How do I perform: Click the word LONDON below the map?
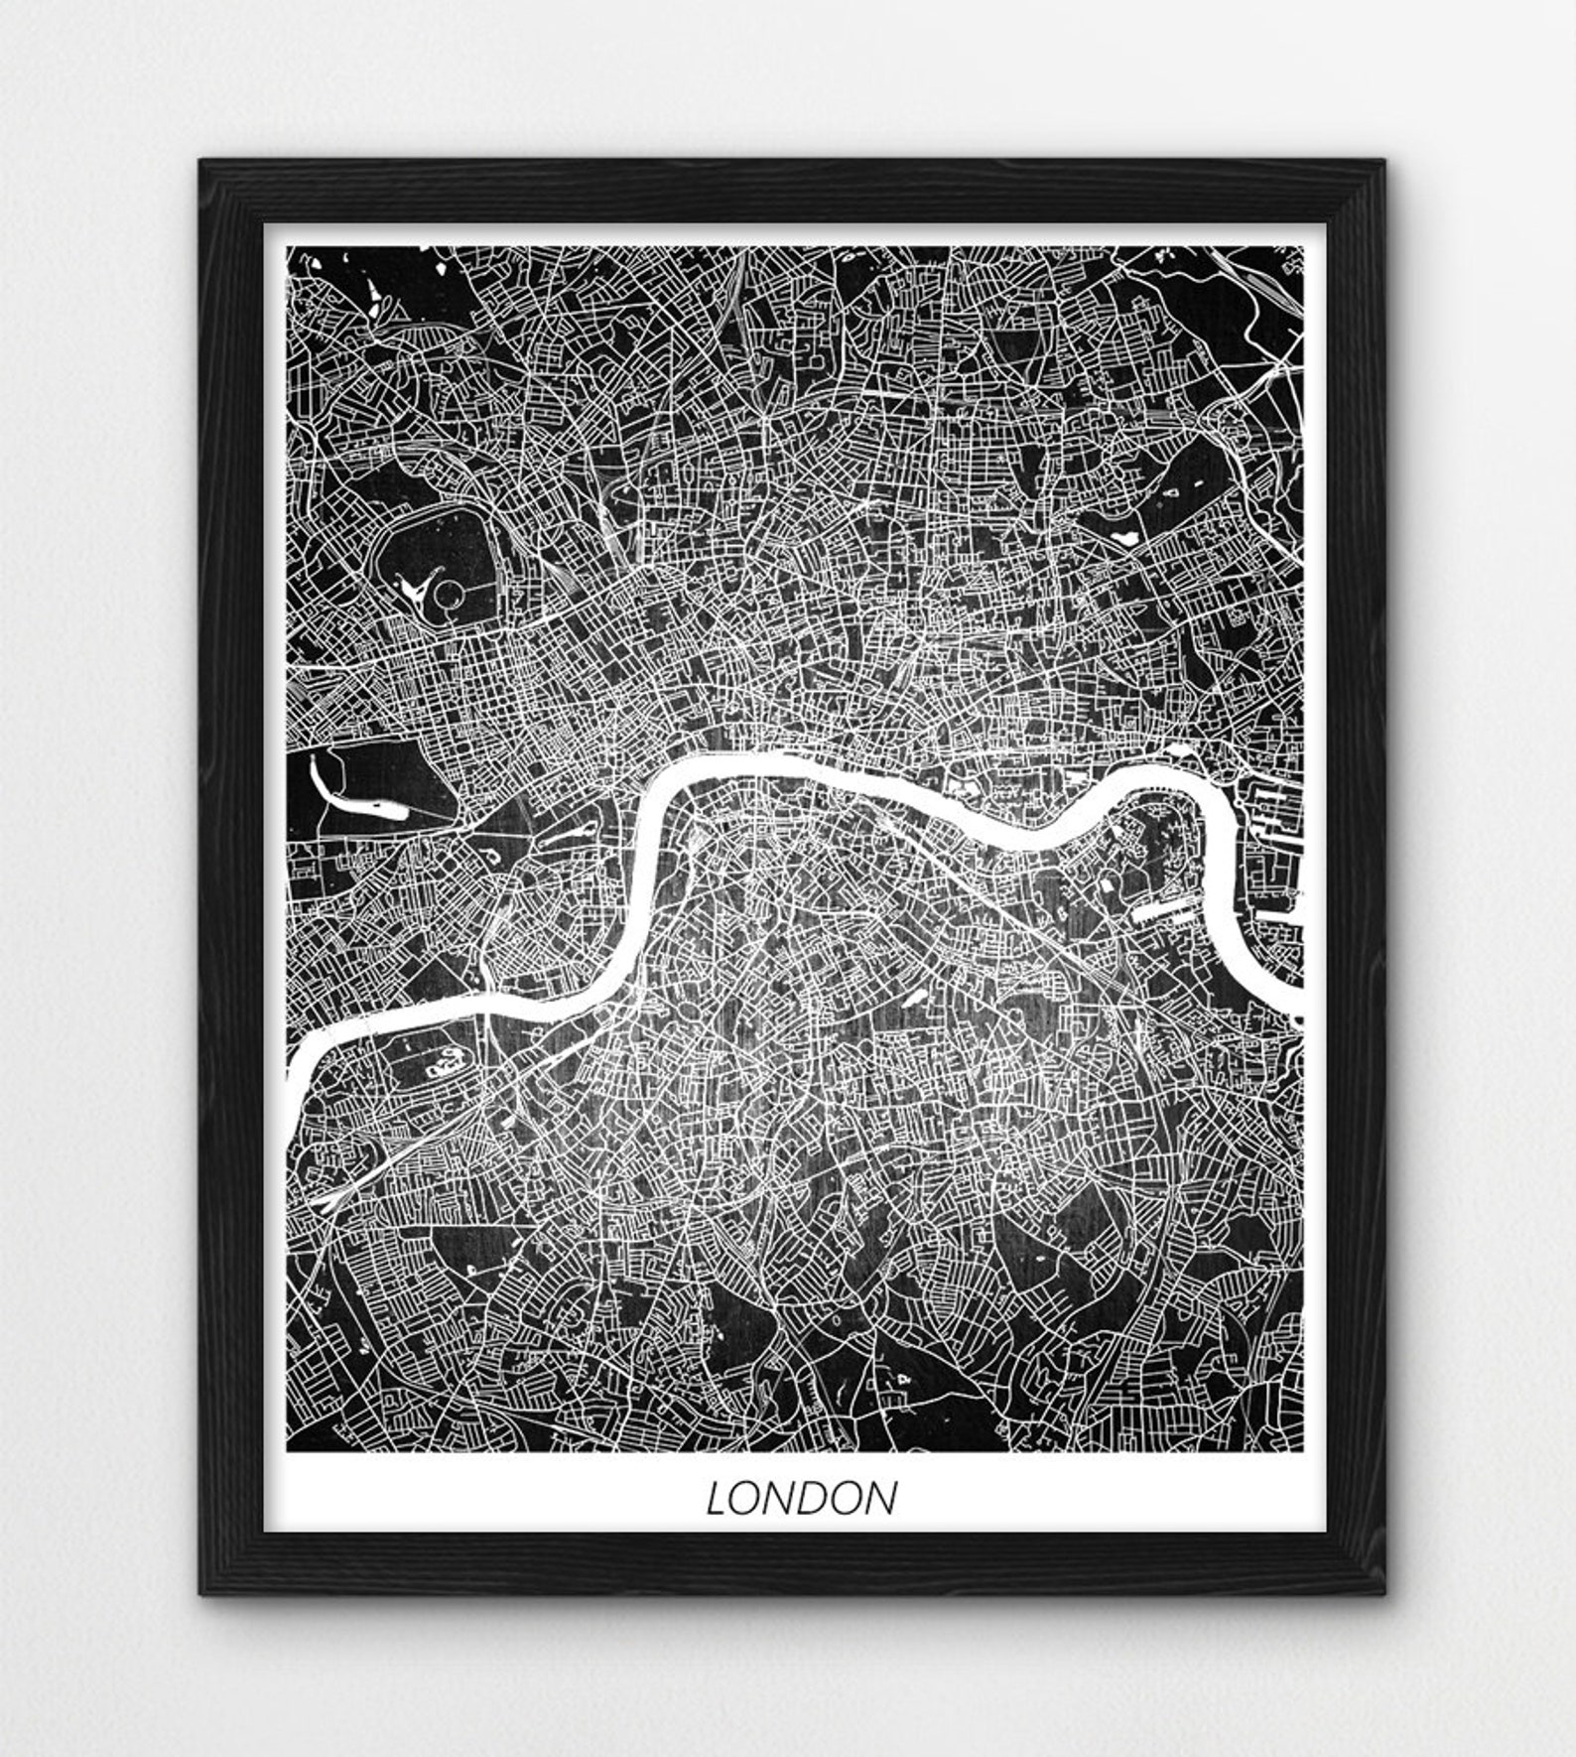[801, 1498]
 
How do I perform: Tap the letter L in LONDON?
[717, 1499]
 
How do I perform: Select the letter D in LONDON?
[802, 1499]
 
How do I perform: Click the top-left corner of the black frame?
[201, 162]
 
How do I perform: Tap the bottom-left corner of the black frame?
[201, 1591]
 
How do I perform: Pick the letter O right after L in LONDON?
[746, 1499]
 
